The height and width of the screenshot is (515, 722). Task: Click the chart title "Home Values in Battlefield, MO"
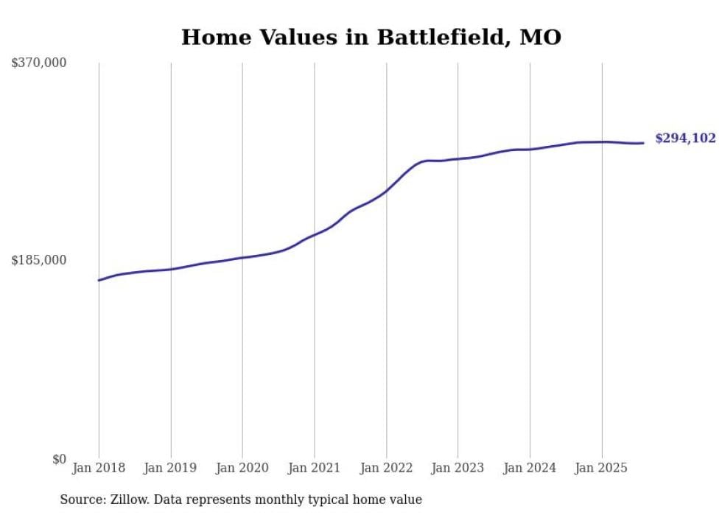click(371, 38)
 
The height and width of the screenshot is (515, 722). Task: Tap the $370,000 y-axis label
click(39, 63)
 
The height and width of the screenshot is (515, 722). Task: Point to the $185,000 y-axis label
click(39, 260)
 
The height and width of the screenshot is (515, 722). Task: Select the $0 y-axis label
click(59, 459)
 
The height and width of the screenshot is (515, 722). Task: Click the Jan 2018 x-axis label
click(99, 468)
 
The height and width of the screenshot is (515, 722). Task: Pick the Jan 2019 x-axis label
click(171, 468)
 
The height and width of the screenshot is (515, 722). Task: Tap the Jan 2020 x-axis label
click(242, 468)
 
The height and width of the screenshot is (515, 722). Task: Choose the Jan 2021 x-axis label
click(315, 468)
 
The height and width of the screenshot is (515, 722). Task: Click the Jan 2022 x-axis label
click(386, 468)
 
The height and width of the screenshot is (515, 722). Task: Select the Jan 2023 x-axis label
click(458, 468)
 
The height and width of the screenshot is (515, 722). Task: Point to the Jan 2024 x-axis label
click(530, 468)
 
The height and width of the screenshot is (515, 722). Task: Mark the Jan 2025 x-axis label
click(601, 468)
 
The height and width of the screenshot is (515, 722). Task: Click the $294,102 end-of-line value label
click(685, 139)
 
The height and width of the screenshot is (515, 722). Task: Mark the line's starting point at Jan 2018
click(99, 280)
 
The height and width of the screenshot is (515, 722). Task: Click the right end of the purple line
click(643, 143)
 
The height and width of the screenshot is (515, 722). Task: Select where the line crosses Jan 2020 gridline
click(242, 258)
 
